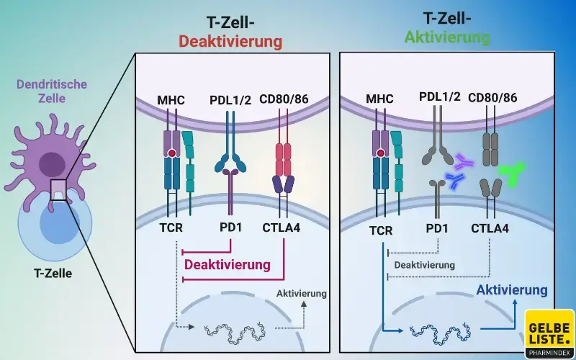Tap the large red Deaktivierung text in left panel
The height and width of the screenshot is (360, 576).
(x=228, y=264)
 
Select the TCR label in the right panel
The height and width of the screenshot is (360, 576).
(x=380, y=230)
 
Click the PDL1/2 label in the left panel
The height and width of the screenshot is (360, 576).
(x=230, y=99)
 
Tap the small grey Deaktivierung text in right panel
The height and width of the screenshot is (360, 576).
(x=423, y=265)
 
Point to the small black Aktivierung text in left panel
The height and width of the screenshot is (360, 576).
(x=301, y=293)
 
